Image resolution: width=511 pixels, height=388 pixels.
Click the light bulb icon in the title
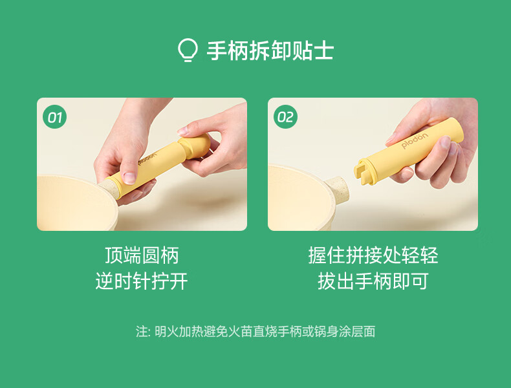point(188,50)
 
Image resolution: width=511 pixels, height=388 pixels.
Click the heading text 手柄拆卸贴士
point(270,51)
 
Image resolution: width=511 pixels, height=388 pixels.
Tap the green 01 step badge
point(54,116)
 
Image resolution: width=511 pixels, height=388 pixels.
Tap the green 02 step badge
point(285,116)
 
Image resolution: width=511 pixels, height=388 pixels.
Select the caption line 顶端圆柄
point(142,255)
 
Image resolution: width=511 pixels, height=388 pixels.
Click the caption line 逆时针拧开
point(142,281)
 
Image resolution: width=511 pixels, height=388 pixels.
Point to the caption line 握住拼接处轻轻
point(373,255)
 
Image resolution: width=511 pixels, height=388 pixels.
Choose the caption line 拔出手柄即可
point(373,281)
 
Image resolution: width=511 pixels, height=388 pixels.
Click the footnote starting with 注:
point(255,332)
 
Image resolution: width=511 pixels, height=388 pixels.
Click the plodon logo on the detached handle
point(414,141)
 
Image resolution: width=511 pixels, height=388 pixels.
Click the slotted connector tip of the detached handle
point(364,171)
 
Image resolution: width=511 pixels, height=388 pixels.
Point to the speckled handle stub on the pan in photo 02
point(337,189)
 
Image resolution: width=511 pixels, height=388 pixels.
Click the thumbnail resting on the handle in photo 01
point(129,177)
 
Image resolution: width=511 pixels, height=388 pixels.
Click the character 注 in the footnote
point(142,332)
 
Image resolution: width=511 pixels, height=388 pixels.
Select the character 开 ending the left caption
point(179,281)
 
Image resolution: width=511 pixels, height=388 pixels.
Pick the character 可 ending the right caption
point(420,281)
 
